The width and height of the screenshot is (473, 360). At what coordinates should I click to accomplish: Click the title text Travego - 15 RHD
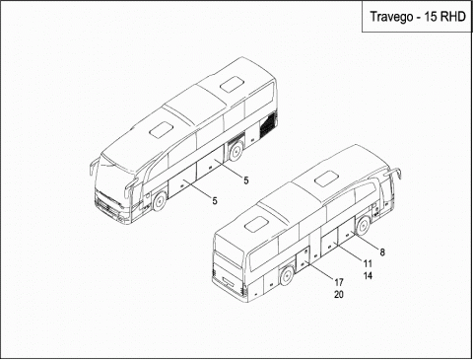pos(418,17)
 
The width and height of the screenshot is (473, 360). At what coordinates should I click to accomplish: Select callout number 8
pos(382,252)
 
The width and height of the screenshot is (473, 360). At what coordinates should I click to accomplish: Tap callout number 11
pos(368,263)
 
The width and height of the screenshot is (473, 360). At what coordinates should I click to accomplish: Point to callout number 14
pos(368,276)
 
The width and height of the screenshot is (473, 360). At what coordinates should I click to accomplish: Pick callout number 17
pos(339,282)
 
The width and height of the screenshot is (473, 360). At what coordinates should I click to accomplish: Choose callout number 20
pos(339,295)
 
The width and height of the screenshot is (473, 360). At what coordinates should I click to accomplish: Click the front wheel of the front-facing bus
pos(160,201)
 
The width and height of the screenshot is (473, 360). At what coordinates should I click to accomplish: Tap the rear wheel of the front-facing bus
pos(236,151)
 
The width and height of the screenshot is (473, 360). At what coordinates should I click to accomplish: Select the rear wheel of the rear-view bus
pos(287,275)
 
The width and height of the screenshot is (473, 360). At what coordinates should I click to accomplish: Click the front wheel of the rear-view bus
pos(363,226)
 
